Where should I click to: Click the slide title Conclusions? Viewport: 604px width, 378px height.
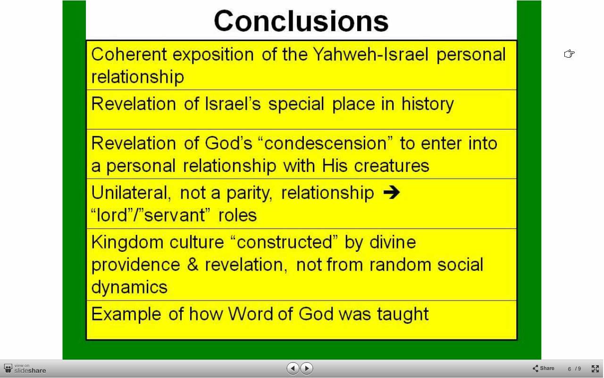click(301, 21)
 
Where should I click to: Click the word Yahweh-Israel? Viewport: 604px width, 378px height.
click(371, 54)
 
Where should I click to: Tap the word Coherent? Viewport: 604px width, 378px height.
click(129, 54)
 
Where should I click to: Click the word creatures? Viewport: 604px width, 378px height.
click(392, 166)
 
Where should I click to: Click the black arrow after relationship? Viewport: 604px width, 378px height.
click(392, 192)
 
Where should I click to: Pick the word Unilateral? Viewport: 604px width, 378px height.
click(131, 193)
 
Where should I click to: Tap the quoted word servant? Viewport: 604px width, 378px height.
click(174, 215)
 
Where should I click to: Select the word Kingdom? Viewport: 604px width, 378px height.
click(127, 242)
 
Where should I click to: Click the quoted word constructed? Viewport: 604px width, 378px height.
click(285, 242)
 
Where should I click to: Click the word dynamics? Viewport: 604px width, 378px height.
click(129, 287)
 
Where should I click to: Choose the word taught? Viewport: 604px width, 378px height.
click(403, 314)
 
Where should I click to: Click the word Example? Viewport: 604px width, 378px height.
click(126, 314)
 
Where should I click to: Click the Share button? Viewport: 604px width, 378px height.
click(543, 368)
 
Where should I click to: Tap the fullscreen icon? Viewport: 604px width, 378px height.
click(595, 369)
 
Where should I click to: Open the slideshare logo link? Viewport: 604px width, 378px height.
click(25, 369)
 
